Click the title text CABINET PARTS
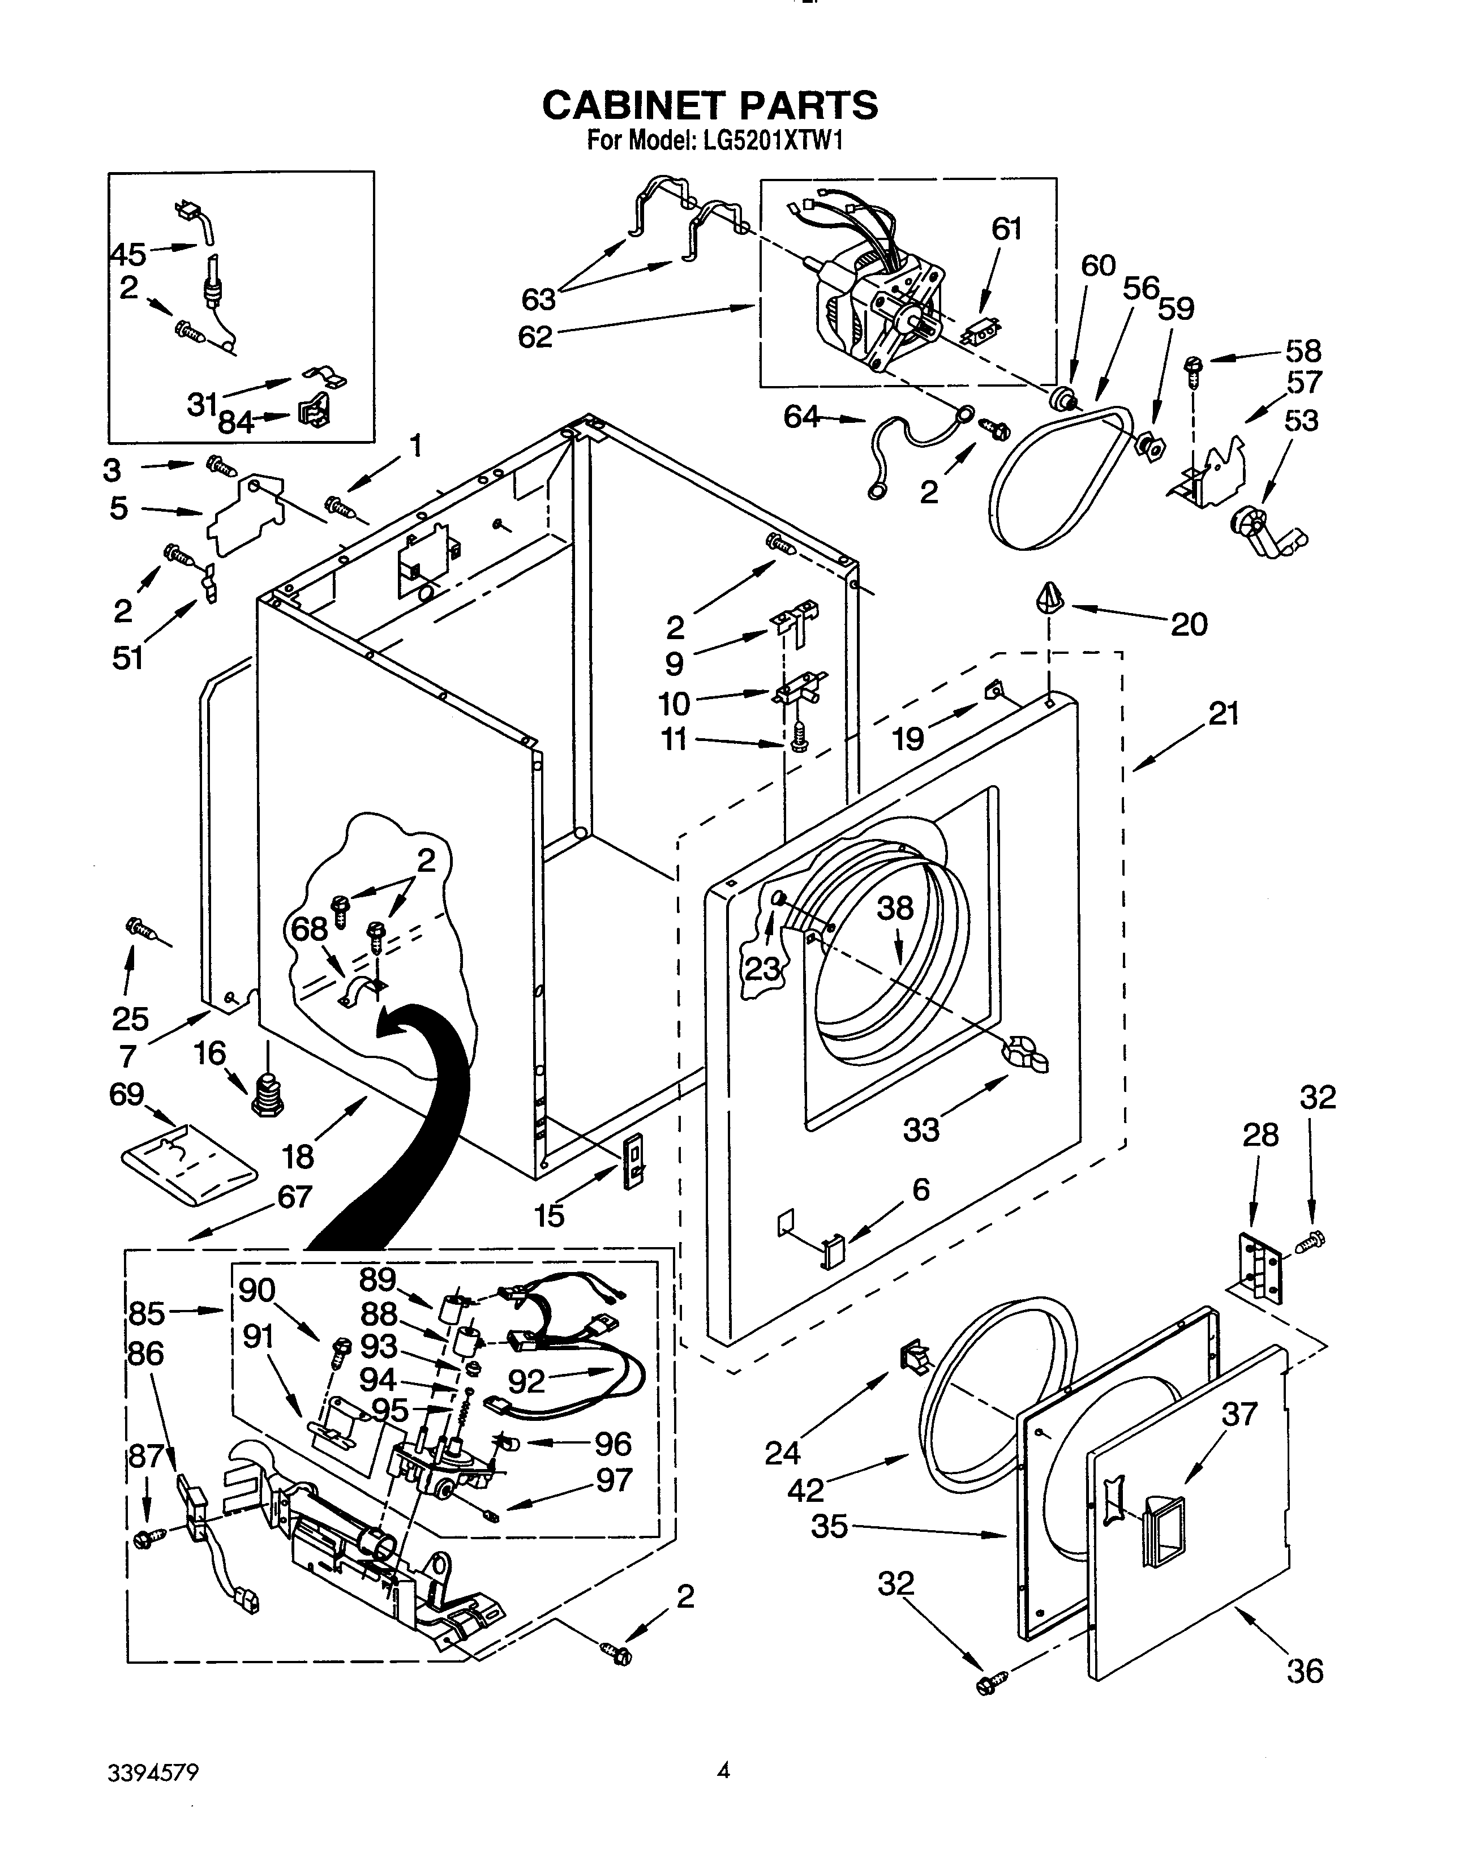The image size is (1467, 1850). point(710,105)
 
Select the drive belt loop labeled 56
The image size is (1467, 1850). point(1061,477)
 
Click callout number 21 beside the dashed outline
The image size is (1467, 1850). point(1224,713)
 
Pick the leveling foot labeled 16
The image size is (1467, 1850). point(267,1094)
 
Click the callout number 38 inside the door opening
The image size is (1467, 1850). point(895,909)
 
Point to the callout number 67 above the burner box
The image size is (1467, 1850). point(294,1196)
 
